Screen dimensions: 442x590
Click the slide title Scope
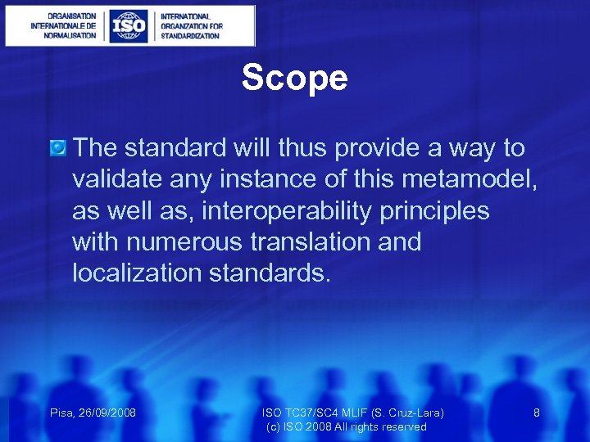294,79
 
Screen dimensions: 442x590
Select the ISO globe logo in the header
129,26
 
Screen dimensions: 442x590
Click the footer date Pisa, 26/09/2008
92,413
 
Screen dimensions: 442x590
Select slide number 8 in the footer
537,413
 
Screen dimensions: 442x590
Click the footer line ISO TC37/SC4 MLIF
352,413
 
